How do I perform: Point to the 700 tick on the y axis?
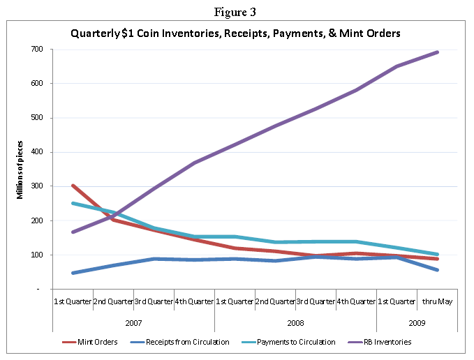click(x=36, y=50)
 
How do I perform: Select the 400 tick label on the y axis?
click(x=36, y=152)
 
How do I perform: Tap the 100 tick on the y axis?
click(x=36, y=255)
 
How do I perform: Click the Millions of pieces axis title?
click(x=20, y=170)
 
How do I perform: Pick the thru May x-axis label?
click(x=437, y=301)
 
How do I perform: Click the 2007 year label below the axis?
click(x=133, y=323)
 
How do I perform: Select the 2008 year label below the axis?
click(x=295, y=323)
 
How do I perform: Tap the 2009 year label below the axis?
click(x=417, y=323)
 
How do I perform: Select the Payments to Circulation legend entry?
click(x=294, y=342)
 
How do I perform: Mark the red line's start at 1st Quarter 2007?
click(x=73, y=186)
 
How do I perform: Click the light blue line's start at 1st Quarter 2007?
click(x=73, y=203)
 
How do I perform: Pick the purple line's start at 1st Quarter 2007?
click(x=73, y=232)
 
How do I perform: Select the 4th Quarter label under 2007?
click(x=194, y=301)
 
